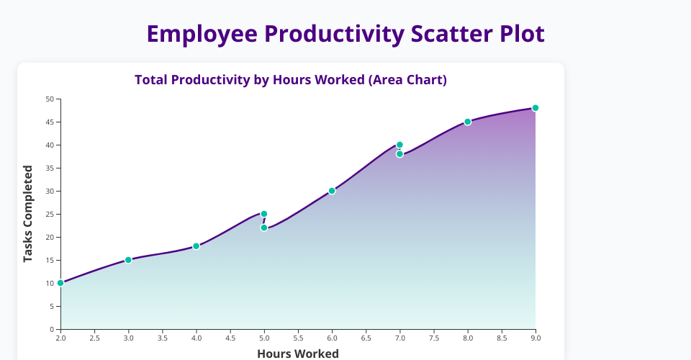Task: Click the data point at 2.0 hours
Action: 60,283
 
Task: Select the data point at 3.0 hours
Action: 128,260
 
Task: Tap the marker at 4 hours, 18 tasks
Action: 196,246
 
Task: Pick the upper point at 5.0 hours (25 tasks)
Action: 264,214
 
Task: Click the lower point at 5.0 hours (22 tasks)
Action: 264,228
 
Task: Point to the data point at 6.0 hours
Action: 332,191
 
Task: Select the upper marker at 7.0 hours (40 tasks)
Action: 399,145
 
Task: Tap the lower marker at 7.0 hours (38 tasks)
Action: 399,154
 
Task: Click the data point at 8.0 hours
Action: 468,122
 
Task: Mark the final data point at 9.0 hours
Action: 536,108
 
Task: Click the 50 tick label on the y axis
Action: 50,99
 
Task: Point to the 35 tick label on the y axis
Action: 50,168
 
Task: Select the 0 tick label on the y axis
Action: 52,329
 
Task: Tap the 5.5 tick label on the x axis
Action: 298,338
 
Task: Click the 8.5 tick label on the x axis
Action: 502,338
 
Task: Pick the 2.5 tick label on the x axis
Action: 95,338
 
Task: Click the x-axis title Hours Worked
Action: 298,354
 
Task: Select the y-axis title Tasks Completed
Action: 28,214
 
